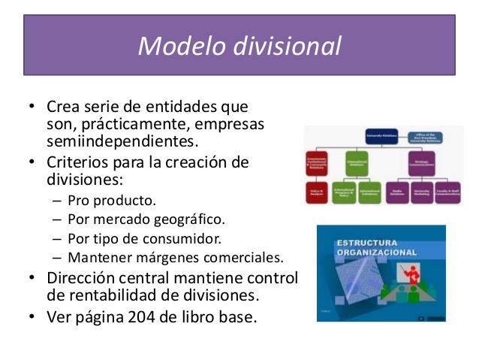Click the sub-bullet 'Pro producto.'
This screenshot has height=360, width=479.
pos(112,201)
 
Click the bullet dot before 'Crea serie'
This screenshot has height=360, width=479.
pos(32,106)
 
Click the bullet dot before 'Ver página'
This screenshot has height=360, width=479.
pos(32,316)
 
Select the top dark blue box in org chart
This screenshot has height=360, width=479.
pos(380,137)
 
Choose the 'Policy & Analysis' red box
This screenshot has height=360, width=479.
pos(317,192)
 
